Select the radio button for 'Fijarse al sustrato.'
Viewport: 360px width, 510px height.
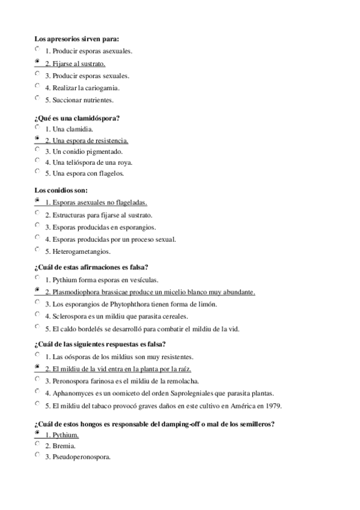(x=37, y=61)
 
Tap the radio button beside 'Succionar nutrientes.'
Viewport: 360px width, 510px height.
(x=37, y=97)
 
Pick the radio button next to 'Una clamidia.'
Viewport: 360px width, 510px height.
(x=37, y=127)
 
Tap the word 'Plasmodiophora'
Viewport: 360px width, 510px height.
(x=76, y=292)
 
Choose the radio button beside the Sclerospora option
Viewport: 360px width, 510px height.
(x=37, y=314)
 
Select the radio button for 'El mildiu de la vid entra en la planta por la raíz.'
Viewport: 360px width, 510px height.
(x=37, y=367)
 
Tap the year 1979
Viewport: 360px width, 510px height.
(x=273, y=405)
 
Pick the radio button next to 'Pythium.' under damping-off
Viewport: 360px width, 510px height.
(x=37, y=432)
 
